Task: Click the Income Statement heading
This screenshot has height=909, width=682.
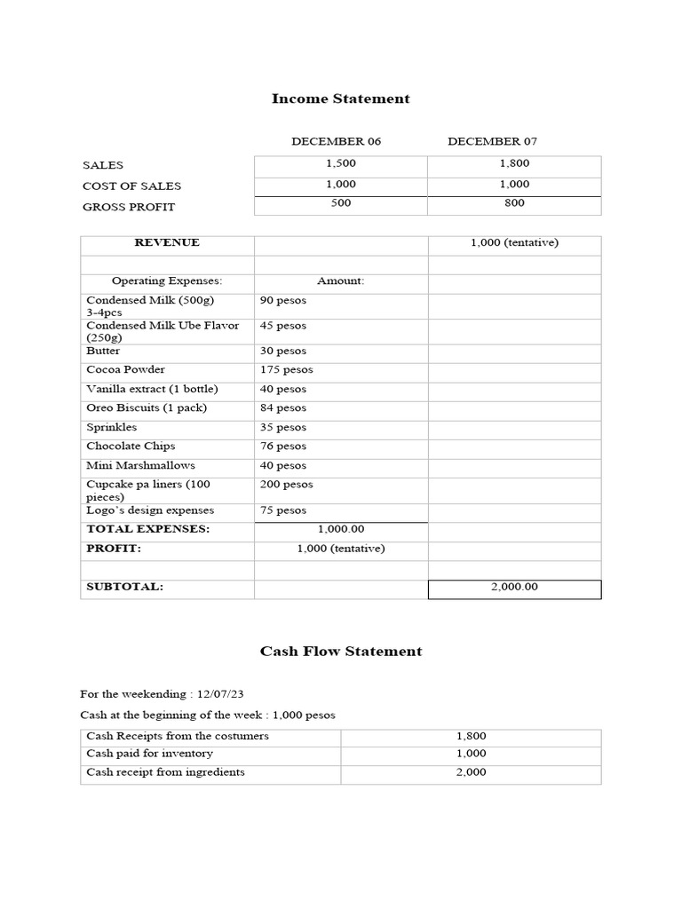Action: tap(340, 99)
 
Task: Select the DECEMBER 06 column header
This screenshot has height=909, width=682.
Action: tap(336, 141)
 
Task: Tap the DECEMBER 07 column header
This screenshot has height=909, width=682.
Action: tap(492, 141)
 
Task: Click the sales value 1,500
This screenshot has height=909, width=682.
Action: tap(340, 164)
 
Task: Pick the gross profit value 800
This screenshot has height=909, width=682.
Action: tap(514, 203)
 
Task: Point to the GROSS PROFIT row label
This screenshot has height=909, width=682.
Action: tap(129, 207)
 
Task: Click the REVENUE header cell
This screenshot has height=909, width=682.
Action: tap(167, 242)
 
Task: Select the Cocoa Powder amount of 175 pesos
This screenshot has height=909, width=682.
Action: tap(286, 369)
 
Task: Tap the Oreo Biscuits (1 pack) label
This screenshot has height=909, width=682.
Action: tap(146, 408)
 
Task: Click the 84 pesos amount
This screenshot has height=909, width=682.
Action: tap(282, 408)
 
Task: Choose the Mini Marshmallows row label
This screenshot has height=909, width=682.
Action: tap(140, 465)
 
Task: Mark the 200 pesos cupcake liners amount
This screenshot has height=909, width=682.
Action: tap(286, 485)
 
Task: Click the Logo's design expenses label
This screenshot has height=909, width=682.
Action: tap(150, 510)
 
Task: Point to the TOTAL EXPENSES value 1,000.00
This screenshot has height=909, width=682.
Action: tap(340, 529)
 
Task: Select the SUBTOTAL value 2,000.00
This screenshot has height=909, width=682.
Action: tap(514, 587)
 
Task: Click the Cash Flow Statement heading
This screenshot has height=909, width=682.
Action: tap(340, 651)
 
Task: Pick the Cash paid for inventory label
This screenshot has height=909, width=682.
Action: tap(149, 754)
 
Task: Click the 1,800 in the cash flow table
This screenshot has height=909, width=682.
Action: tap(471, 736)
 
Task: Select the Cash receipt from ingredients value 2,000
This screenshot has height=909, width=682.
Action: tap(471, 772)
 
